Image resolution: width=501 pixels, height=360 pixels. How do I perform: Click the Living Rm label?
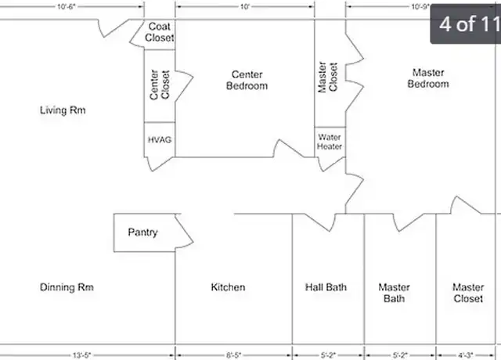63,110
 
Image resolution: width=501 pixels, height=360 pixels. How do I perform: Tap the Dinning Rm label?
67,287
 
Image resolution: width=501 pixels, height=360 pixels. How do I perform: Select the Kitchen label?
228,287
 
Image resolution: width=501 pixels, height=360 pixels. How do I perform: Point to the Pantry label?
142,232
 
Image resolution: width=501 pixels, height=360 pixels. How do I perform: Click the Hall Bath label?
326,287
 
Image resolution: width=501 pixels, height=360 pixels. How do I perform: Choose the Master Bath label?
395,293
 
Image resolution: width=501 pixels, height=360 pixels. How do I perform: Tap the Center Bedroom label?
247,80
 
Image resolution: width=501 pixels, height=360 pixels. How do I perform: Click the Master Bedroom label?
428,78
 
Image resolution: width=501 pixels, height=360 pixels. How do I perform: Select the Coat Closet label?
159,32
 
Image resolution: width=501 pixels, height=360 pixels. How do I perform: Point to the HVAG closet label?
160,140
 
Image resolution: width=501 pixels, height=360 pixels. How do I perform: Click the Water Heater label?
330,142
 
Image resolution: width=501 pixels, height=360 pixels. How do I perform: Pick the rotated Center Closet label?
160,85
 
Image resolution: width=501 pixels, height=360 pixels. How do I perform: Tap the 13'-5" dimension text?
81,355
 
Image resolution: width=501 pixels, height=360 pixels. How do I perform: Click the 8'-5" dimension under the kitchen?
233,355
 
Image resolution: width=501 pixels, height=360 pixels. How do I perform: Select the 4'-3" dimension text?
465,355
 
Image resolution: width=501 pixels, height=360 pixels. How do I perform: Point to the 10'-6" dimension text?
66,7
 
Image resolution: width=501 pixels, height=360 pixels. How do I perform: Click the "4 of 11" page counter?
469,23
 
